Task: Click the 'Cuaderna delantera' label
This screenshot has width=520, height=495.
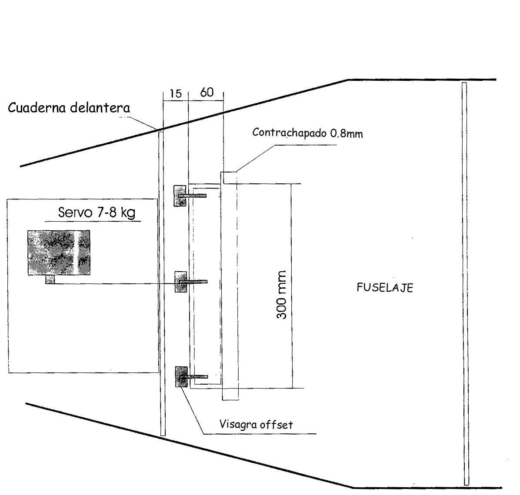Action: point(69,108)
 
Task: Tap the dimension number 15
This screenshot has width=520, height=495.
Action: point(175,94)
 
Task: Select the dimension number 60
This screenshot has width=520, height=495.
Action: point(207,93)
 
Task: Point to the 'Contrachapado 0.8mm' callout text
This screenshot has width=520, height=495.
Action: point(307,133)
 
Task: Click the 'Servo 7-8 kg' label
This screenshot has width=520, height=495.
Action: point(97,213)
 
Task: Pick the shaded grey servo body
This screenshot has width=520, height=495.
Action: point(59,252)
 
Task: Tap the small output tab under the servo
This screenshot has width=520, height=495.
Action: point(50,280)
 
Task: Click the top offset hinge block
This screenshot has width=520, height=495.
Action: point(180,196)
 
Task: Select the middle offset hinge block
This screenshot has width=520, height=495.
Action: point(180,282)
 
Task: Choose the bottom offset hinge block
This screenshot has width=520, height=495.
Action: point(181,376)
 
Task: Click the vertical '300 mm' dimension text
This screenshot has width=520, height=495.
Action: point(282,295)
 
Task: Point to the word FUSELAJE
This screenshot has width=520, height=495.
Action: point(384,288)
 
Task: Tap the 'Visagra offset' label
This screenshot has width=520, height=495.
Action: point(256,424)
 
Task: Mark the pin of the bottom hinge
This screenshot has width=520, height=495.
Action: point(198,376)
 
